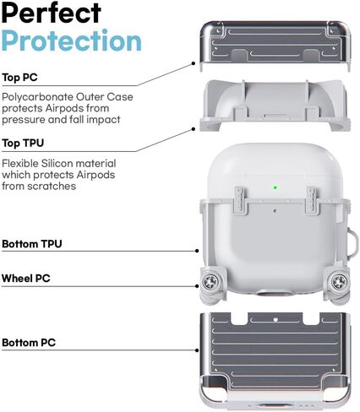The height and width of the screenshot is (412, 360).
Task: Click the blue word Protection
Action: point(72,41)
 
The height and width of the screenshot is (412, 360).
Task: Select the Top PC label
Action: point(19,78)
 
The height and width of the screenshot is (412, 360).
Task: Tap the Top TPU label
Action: point(23,143)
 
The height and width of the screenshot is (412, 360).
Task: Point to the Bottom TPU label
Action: point(32,244)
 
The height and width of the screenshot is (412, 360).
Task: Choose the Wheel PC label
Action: point(26,279)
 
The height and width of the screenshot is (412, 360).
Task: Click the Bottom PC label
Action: point(29,343)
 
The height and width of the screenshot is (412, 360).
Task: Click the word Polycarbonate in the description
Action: point(38,97)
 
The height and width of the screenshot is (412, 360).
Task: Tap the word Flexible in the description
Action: point(20,163)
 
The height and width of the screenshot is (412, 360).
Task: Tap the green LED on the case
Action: point(275,187)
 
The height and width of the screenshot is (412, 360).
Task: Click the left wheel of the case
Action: point(210,281)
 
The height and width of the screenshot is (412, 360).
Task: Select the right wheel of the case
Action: point(339,281)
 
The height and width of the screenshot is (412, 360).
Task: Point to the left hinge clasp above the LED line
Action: point(241,201)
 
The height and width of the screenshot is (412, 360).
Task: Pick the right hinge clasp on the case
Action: point(313,201)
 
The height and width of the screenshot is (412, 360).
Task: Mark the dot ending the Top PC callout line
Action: point(194,63)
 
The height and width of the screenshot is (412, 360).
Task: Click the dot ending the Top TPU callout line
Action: point(194,129)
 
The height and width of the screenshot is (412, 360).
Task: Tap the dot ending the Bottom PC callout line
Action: point(197,350)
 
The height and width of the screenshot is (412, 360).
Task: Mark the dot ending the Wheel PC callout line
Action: point(197,286)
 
